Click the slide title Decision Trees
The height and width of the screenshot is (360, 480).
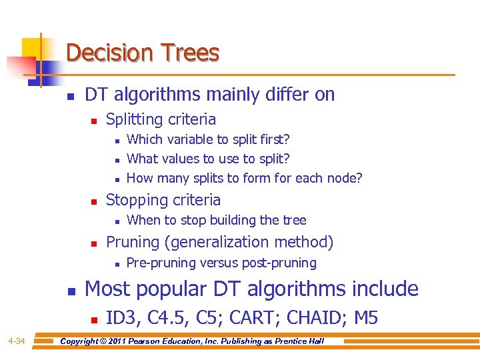143,53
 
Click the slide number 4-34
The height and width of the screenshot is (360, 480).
17,341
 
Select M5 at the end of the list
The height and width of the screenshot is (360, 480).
366,318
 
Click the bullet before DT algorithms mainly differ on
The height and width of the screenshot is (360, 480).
71,96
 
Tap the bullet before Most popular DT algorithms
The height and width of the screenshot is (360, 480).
71,291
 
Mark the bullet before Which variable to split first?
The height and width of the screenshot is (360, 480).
116,141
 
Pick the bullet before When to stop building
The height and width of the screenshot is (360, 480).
116,221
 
